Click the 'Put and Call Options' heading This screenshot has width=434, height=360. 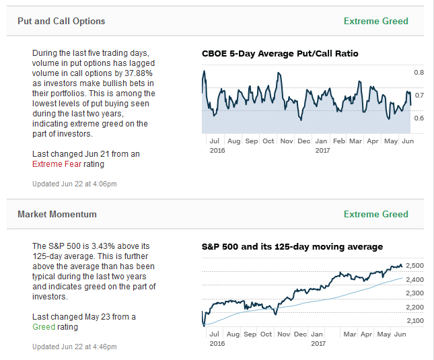pyautogui.click(x=61, y=21)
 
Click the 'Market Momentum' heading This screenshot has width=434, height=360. pyautogui.click(x=57, y=214)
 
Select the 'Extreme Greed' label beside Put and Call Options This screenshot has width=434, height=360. pyautogui.click(x=375, y=21)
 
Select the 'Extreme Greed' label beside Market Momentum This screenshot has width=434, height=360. pyautogui.click(x=375, y=214)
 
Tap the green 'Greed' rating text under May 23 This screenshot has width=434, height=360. pyautogui.click(x=44, y=327)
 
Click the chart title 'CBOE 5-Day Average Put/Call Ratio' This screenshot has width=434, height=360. pyautogui.click(x=280, y=53)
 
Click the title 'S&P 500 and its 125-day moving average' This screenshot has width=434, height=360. pyautogui.click(x=292, y=246)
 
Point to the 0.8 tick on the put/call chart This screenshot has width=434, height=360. pyautogui.click(x=419, y=72)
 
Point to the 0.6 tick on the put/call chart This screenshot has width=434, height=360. pyautogui.click(x=419, y=118)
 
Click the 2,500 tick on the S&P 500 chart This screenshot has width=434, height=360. pyautogui.click(x=415, y=265)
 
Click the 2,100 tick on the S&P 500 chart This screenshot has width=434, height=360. pyautogui.click(x=415, y=320)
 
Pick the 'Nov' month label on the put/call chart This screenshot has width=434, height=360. pyautogui.click(x=286, y=141)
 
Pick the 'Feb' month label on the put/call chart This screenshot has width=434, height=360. pyautogui.click(x=339, y=141)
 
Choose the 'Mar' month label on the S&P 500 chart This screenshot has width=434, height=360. pyautogui.click(x=349, y=334)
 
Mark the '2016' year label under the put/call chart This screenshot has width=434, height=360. pyautogui.click(x=217, y=150)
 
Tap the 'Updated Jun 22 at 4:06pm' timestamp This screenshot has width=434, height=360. pyautogui.click(x=75, y=184)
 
